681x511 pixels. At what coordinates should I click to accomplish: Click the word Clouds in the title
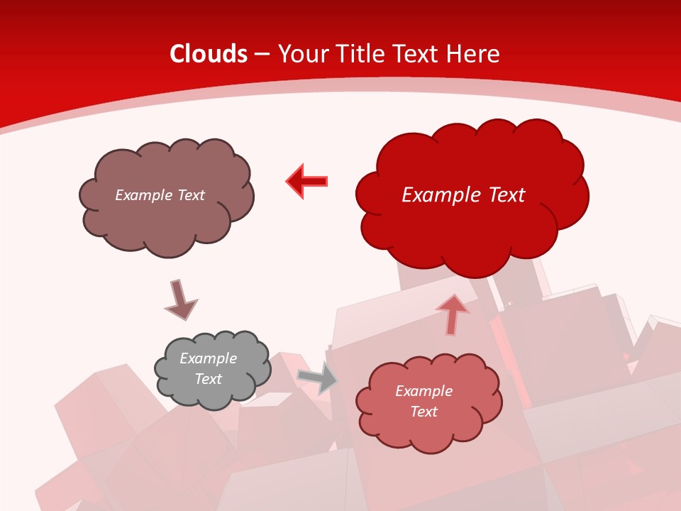[x=209, y=54]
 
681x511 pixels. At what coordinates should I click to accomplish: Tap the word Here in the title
[x=475, y=54]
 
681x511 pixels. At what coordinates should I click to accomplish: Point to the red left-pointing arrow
[x=307, y=181]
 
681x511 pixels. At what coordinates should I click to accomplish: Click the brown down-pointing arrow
[x=180, y=300]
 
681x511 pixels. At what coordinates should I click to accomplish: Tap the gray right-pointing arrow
[x=318, y=377]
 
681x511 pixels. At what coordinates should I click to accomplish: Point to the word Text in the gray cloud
[x=209, y=379]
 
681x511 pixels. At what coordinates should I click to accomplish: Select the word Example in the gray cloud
[x=209, y=358]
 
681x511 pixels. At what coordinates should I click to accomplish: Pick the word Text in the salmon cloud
[x=423, y=412]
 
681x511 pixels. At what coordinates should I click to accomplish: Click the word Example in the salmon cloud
[x=423, y=391]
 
